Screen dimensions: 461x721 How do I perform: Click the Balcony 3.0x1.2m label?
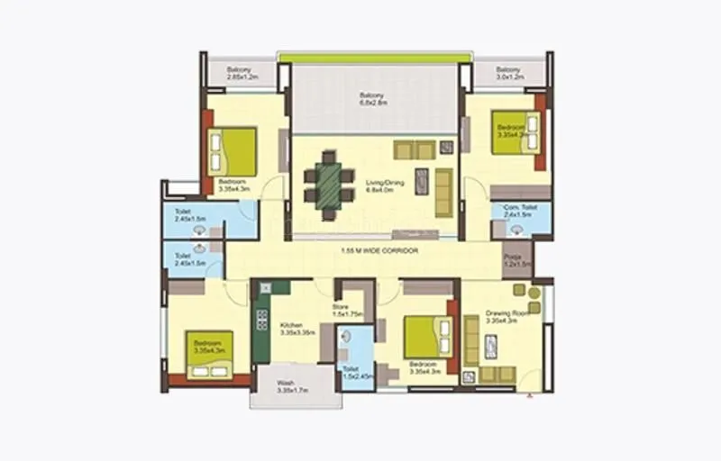pyautogui.click(x=508, y=73)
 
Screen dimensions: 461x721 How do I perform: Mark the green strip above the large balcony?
pyautogui.click(x=374, y=58)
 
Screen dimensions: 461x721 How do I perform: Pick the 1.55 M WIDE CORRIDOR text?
pyautogui.click(x=379, y=250)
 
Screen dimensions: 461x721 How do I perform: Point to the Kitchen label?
pyautogui.click(x=297, y=329)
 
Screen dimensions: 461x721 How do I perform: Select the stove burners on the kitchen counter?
pyautogui.click(x=262, y=320)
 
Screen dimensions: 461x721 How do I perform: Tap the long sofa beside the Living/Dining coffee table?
pyautogui.click(x=443, y=192)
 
